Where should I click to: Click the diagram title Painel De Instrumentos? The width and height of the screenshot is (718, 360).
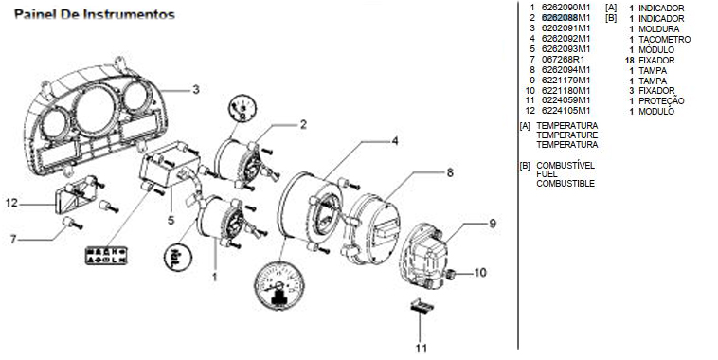click(x=95, y=14)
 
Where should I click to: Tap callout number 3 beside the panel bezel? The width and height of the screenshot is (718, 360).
click(x=196, y=89)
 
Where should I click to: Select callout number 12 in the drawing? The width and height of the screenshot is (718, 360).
click(x=11, y=203)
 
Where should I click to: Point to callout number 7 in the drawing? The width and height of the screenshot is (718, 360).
click(x=13, y=239)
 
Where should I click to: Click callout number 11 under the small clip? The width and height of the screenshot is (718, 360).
click(x=421, y=348)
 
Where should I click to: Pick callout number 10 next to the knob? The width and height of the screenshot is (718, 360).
click(x=480, y=273)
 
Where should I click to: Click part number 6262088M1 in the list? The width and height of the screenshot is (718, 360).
click(x=566, y=18)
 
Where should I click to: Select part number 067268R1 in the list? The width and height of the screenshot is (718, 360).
click(x=564, y=59)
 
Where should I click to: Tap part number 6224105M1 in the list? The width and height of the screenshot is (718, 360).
click(x=566, y=111)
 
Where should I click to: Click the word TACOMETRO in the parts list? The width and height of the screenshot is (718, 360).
click(x=664, y=40)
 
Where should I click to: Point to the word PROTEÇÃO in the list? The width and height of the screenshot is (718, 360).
click(x=662, y=100)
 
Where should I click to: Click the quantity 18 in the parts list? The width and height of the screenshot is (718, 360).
click(x=630, y=60)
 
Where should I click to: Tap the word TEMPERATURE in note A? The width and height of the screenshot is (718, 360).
click(x=567, y=135)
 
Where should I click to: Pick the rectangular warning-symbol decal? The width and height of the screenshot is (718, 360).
click(x=106, y=256)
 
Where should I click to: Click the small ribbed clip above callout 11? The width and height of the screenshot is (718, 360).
click(x=422, y=305)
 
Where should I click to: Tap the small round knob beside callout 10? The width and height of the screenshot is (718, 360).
click(x=452, y=275)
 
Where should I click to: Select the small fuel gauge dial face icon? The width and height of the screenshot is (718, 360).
click(x=242, y=109)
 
